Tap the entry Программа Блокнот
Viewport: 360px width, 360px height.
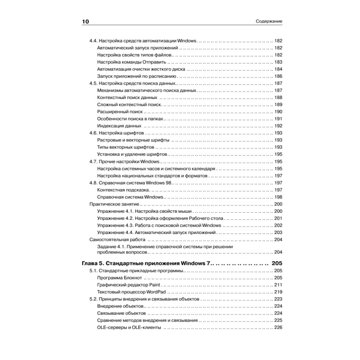click(x=120, y=278)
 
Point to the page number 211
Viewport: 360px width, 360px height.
click(x=278, y=285)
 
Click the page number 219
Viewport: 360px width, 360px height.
click(x=278, y=292)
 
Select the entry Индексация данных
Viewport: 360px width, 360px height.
click(x=119, y=126)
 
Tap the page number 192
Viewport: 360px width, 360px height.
click(x=278, y=126)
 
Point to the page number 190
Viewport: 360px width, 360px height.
click(x=278, y=112)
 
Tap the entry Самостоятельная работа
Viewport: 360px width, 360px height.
click(x=117, y=240)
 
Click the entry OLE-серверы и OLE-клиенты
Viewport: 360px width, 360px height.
click(x=129, y=328)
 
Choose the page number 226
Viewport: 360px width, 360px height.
click(x=278, y=328)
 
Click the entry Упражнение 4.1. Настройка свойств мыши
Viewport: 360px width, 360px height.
click(x=144, y=211)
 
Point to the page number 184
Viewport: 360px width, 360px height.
click(x=278, y=69)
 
